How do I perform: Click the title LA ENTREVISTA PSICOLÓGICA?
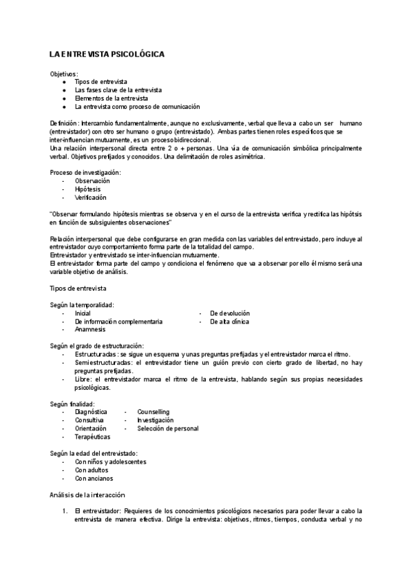coord(107,54)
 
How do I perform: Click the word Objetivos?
coord(64,74)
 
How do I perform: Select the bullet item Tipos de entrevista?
coord(101,82)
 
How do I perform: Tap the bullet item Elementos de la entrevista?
coord(107,98)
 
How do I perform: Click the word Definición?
coord(64,122)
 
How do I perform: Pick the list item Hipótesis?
coord(87,189)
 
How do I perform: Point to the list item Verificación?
coord(90,197)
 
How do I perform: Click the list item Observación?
coord(92,180)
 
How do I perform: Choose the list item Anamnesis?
coord(90,329)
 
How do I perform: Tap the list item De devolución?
coord(230,313)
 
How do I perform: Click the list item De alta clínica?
coord(229,321)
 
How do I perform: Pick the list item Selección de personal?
coord(168,428)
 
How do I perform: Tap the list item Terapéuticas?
coord(92,436)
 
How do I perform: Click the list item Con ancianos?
coord(94,478)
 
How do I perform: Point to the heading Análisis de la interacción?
coord(87,494)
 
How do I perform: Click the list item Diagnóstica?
coord(91,411)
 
